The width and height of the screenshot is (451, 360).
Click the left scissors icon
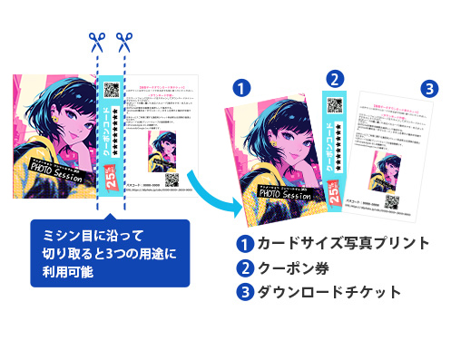pyautogui.click(x=94, y=42)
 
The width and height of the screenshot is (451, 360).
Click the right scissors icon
pyautogui.click(x=123, y=42)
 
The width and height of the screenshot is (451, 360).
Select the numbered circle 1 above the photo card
pyautogui.click(x=241, y=88)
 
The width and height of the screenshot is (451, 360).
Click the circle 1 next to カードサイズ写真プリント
pyautogui.click(x=242, y=244)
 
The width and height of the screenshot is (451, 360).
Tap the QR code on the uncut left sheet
pyautogui.click(x=112, y=91)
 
